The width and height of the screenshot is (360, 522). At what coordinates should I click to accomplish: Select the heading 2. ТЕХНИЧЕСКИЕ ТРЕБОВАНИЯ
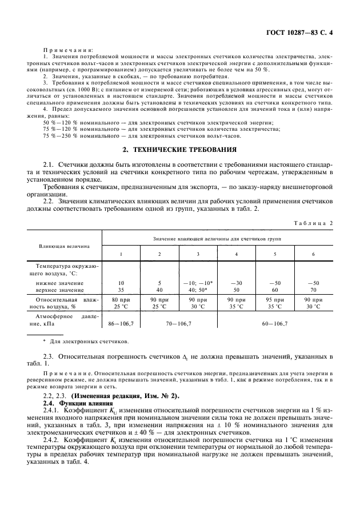click(x=180, y=150)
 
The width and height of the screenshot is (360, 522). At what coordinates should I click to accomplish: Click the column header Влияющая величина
click(x=64, y=246)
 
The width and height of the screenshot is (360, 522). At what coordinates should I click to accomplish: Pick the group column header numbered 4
click(x=236, y=254)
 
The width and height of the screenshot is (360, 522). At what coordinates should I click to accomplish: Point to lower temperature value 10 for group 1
click(x=121, y=283)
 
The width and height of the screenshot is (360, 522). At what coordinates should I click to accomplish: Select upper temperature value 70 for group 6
click(x=313, y=290)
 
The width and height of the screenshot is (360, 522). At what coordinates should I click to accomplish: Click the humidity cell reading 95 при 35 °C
click(x=275, y=303)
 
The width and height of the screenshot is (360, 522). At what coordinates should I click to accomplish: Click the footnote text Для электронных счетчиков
click(x=87, y=342)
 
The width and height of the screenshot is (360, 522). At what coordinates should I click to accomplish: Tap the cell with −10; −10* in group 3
click(x=198, y=283)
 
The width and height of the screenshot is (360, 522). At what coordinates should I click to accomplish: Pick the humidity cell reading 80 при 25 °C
click(x=121, y=303)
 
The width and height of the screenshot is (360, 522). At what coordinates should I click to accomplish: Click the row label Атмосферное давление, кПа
click(x=64, y=319)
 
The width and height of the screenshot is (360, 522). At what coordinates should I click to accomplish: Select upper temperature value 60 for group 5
click(x=275, y=290)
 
